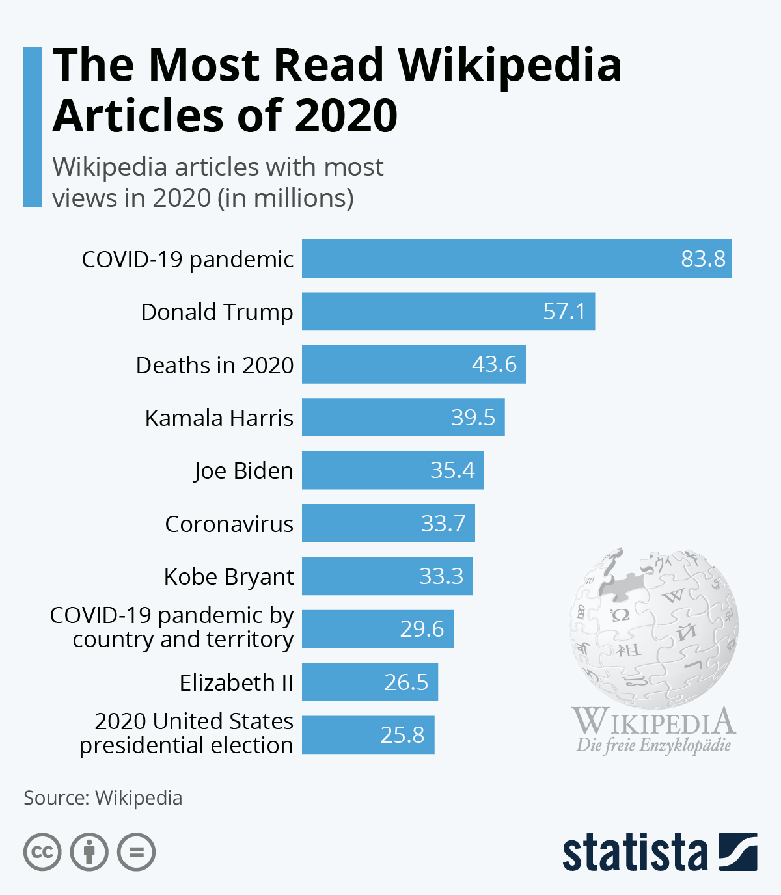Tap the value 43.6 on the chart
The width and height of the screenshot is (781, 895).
coord(494,364)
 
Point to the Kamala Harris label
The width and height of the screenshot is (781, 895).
coord(219,418)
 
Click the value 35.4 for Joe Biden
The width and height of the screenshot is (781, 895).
coord(452,470)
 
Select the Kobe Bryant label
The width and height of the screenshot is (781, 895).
coord(228,576)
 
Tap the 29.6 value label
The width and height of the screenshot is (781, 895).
coord(422,629)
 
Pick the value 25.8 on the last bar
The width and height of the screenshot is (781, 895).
coord(402,735)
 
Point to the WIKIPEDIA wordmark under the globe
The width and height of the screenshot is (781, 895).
coord(653,722)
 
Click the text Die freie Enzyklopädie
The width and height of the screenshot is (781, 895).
coord(653,745)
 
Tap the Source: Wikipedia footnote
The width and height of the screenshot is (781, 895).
coord(103,798)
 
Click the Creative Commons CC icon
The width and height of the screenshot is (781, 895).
coord(42,852)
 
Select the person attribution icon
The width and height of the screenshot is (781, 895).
coord(89,852)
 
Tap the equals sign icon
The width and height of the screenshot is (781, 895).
coord(136,852)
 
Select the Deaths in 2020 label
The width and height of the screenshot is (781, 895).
coord(215,365)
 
